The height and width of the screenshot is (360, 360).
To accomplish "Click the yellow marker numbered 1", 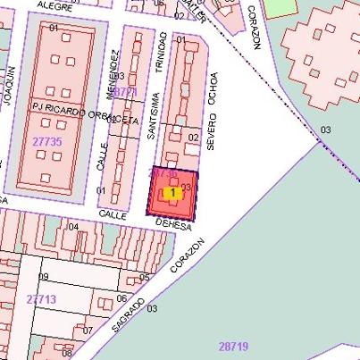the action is click(172, 192).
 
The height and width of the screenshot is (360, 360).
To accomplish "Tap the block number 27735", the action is click(46, 142).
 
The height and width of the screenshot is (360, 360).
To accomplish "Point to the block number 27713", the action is click(41, 298).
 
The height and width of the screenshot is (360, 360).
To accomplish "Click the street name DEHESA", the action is click(173, 225).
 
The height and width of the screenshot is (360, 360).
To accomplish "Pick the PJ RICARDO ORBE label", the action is click(70, 113).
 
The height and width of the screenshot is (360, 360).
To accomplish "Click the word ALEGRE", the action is click(54, 5).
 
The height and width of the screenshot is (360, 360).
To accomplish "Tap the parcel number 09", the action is click(42, 277).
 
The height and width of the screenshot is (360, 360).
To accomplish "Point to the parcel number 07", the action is click(87, 331).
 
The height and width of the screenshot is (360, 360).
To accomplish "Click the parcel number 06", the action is click(121, 297).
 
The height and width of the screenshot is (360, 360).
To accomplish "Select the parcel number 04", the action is click(73, 227).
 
